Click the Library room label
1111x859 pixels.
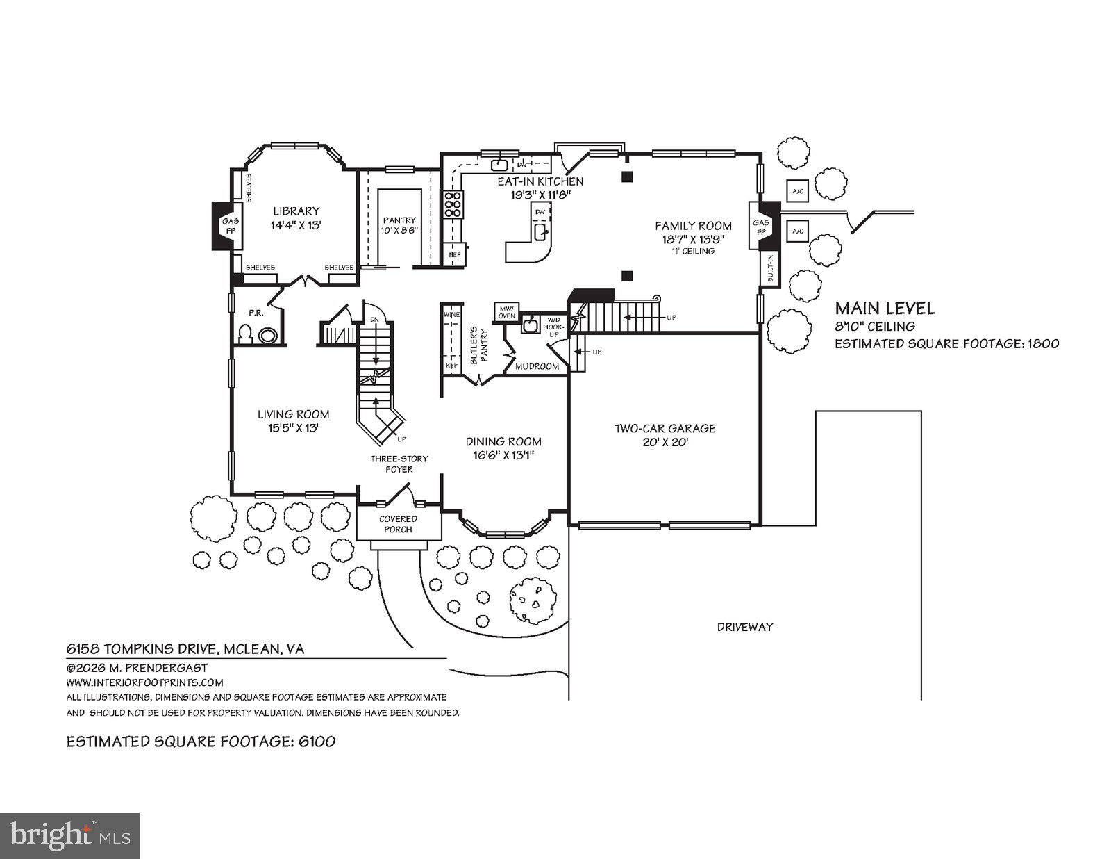coord(296,211)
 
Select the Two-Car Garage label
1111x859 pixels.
coord(665,429)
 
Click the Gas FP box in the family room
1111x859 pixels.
coord(760,227)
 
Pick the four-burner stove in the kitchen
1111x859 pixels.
coord(453,205)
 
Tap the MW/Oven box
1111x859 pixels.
coord(506,312)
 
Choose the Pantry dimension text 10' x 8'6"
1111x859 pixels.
coord(399,231)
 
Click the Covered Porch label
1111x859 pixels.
coord(398,524)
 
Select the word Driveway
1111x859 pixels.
coord(744,627)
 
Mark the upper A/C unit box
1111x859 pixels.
coord(797,190)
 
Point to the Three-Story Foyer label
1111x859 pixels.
coord(399,464)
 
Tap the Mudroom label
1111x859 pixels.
coord(537,366)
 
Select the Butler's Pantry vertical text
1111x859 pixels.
coord(479,345)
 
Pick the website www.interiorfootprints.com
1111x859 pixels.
coord(144,682)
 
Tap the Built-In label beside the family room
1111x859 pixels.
coord(770,268)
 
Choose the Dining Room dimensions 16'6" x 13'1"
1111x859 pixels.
coord(503,455)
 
